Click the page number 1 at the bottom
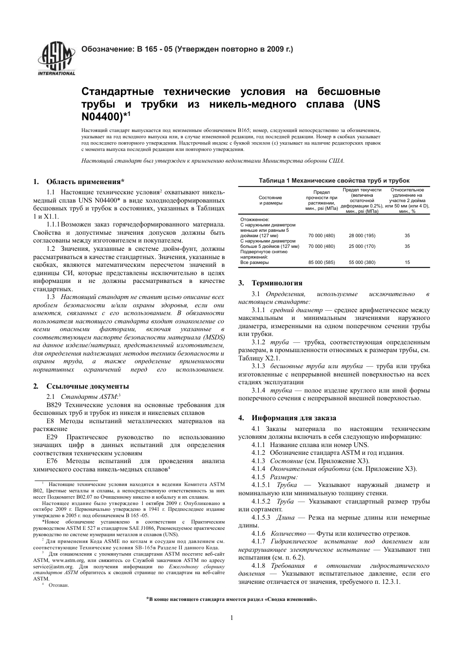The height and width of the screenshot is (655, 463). (x=231, y=618)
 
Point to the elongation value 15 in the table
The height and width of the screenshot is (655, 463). (x=407, y=262)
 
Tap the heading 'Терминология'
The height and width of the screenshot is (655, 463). (x=277, y=283)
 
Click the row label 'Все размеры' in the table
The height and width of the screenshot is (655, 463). (x=254, y=262)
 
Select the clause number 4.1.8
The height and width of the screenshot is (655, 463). (x=259, y=565)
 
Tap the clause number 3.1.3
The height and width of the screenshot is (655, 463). (x=258, y=366)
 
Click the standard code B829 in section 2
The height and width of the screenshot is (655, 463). (x=54, y=405)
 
